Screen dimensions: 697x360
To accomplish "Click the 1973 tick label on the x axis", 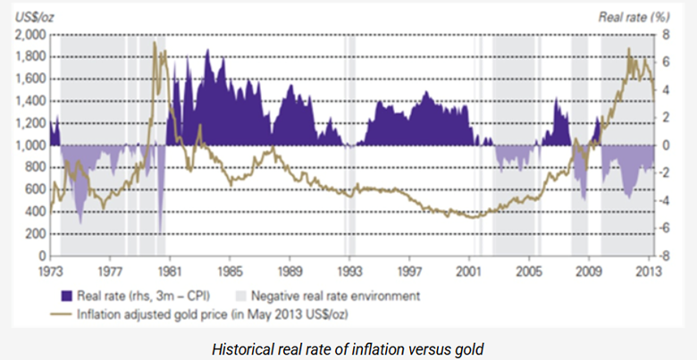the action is (50, 271).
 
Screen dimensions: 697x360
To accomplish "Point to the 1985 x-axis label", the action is (230, 271).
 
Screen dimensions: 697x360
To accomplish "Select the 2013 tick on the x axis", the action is (649, 271).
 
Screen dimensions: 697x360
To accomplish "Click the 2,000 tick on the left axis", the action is (30, 35).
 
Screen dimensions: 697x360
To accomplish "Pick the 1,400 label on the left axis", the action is (30, 101).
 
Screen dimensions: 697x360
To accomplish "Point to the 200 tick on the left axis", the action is (37, 234).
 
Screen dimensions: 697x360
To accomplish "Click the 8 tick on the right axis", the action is (666, 35).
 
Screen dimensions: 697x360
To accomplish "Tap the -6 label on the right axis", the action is (664, 229).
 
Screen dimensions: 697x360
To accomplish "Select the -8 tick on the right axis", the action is (664, 256).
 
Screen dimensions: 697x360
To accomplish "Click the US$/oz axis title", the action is (35, 17).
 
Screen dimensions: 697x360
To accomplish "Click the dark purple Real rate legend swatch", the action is (66, 296).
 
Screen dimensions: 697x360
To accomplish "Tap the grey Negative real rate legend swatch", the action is (240, 296).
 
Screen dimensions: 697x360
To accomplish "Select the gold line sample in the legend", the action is (61, 314).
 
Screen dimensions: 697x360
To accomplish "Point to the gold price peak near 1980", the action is (155, 42).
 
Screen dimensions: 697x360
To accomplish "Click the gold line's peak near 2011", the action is (628, 48).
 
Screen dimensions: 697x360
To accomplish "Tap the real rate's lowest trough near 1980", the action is (160, 231).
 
